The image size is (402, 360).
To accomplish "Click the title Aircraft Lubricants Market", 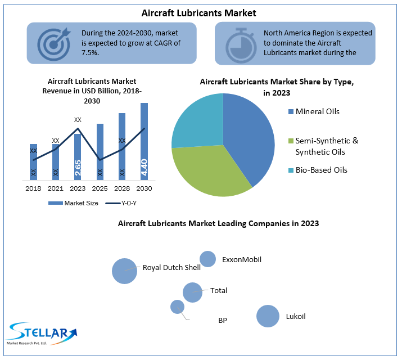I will (x=200, y=12).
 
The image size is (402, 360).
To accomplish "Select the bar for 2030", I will (x=144, y=141).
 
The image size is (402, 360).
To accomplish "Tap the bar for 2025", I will (x=100, y=151).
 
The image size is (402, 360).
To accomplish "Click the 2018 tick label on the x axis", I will (x=33, y=188).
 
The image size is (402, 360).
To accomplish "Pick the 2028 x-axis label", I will (x=122, y=188).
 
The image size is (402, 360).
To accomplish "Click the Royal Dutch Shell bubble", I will (x=124, y=271).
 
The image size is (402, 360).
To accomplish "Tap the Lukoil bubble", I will (x=268, y=316).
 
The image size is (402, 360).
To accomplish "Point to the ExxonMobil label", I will (x=242, y=259).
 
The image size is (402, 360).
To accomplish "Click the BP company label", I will (x=223, y=320).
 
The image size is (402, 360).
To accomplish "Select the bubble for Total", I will (x=192, y=292).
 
